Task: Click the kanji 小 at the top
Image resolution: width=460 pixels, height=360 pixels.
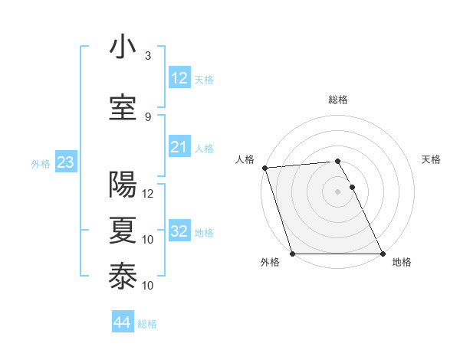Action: [123, 48]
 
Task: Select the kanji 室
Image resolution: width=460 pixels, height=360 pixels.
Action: [123, 108]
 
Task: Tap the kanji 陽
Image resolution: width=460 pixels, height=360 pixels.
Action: [123, 185]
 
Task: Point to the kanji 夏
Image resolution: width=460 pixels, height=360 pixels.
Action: [123, 231]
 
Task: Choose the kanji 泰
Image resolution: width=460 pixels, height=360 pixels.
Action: [123, 277]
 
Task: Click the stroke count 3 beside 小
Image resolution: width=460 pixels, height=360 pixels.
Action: [148, 56]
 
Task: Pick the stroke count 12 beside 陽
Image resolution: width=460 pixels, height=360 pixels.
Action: [149, 193]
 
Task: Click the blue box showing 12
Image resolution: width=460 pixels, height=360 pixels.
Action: [179, 78]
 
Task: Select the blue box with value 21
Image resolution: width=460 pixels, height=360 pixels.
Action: [179, 147]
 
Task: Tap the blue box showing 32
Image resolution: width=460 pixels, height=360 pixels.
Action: [179, 231]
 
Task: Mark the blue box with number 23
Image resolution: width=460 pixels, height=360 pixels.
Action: [65, 162]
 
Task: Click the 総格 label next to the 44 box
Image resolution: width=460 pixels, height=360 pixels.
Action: [147, 324]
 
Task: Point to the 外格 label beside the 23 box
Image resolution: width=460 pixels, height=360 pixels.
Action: [40, 163]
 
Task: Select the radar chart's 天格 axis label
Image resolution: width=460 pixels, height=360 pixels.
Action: [432, 159]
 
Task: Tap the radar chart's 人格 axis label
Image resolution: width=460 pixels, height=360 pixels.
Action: [245, 159]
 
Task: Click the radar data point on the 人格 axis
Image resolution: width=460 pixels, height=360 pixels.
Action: [264, 168]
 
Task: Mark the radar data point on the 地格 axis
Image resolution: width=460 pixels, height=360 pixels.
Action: [383, 254]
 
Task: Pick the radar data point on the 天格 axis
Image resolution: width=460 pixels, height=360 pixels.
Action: [352, 187]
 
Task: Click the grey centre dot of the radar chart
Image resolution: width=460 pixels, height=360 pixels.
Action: [337, 191]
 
